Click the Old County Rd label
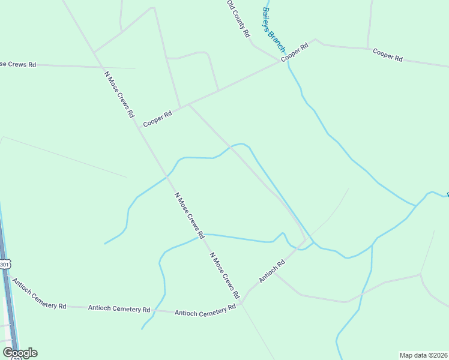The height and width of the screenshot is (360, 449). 238,19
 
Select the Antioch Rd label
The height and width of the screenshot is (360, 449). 271,271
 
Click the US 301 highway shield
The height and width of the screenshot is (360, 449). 5,265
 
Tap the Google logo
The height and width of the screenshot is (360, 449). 20,353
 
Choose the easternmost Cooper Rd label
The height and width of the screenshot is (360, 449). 387,55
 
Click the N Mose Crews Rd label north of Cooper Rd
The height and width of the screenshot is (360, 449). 118,94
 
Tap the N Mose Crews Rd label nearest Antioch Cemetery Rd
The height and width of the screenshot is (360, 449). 224,276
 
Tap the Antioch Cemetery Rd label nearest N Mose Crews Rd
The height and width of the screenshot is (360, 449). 205,311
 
